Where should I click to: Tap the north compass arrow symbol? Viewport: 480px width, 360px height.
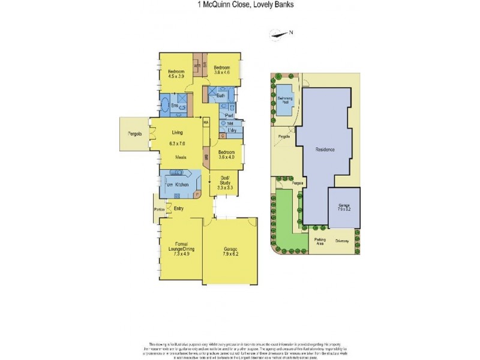280,35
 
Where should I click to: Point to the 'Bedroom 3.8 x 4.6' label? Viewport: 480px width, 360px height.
222,70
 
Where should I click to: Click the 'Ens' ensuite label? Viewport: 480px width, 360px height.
174,106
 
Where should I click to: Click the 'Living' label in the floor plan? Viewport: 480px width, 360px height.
177,133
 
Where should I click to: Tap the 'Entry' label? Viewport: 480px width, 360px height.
179,208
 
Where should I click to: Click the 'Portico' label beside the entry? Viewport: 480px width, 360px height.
159,209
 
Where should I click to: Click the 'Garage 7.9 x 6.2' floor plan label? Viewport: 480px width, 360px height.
232,251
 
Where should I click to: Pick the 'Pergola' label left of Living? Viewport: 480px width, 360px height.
134,134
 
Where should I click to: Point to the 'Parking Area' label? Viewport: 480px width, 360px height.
320,241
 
